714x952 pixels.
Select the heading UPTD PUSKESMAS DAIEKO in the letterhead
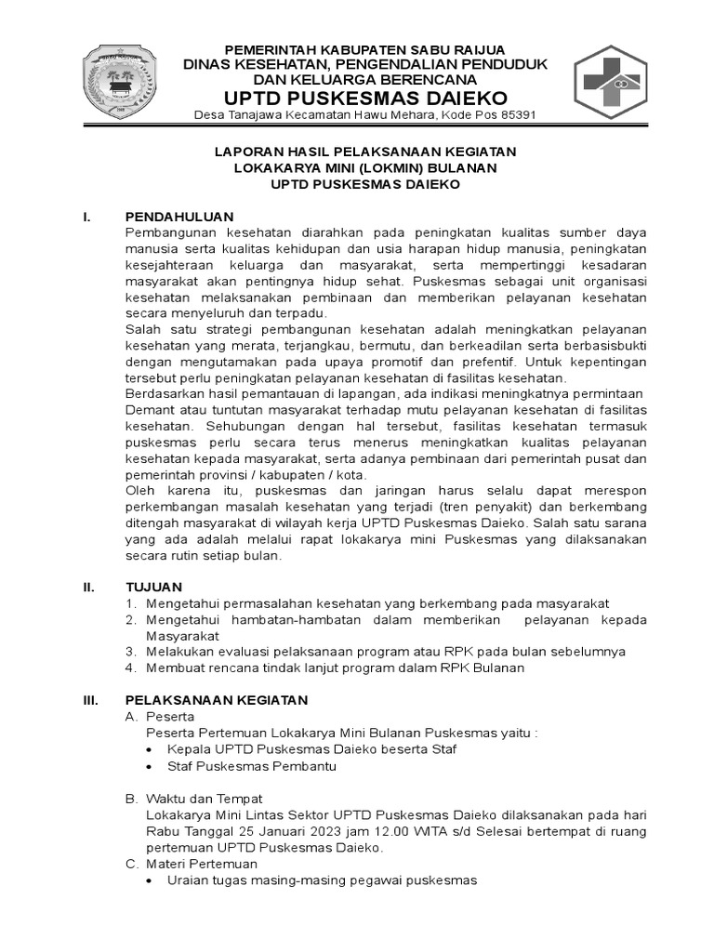point(365,98)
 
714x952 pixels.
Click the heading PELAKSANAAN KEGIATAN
point(216,699)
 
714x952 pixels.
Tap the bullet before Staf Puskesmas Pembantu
point(152,766)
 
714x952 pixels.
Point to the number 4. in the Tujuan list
point(131,668)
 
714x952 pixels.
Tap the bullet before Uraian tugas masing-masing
point(152,879)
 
